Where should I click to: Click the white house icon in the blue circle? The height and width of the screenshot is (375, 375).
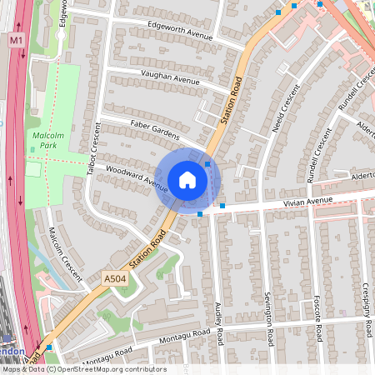187,180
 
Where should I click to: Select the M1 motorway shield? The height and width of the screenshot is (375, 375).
17,39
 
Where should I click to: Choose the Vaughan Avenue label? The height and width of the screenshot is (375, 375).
170,77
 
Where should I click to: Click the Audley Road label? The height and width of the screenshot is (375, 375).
219,324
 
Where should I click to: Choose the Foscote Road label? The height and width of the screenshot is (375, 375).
317,317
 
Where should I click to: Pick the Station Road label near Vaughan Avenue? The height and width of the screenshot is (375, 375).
230,102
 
